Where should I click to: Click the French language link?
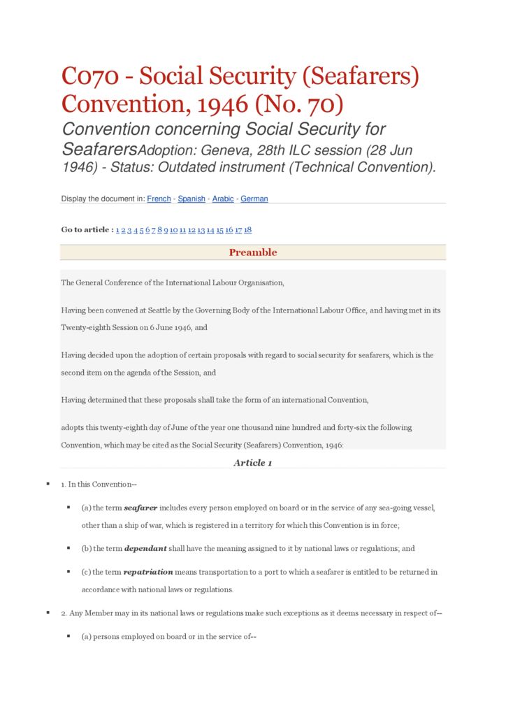(x=159, y=199)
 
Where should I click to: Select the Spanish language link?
(x=191, y=199)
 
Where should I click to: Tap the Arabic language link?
(x=223, y=199)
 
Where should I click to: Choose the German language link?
(x=254, y=199)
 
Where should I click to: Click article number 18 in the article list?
(x=248, y=230)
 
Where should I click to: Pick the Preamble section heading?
(x=253, y=252)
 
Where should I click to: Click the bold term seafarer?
(x=140, y=508)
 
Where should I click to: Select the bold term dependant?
(x=145, y=549)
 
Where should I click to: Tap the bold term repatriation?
(x=148, y=572)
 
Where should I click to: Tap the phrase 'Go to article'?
(x=85, y=230)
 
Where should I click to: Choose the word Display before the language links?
(x=75, y=199)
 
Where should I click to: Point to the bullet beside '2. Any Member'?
(x=48, y=613)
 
